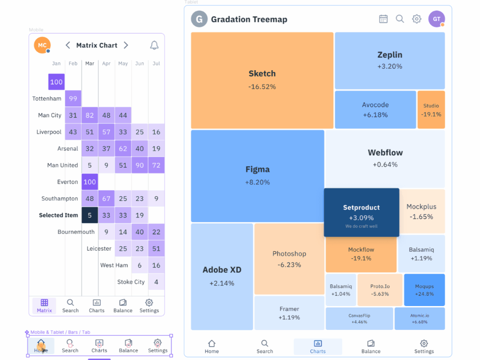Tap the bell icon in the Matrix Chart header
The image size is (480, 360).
154,45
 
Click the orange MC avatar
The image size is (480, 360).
42,45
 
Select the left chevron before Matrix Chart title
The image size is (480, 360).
68,45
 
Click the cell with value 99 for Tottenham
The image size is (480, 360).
73,99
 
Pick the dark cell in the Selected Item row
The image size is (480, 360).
90,215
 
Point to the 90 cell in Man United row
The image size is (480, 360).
139,165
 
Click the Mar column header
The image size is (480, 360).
90,64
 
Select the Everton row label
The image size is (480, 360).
67,182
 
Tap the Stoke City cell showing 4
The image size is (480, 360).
156,282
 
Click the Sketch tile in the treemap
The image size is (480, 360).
262,80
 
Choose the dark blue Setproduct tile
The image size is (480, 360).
362,212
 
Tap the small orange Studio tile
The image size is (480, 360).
431,110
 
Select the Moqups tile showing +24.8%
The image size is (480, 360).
424,290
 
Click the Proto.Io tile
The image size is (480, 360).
380,290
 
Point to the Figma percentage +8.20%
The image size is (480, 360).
257,182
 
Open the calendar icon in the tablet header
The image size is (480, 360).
383,19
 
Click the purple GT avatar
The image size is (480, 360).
436,19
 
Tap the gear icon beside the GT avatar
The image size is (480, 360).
416,19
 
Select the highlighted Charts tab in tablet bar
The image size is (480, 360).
318,347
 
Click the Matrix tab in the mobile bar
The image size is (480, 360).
44,306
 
